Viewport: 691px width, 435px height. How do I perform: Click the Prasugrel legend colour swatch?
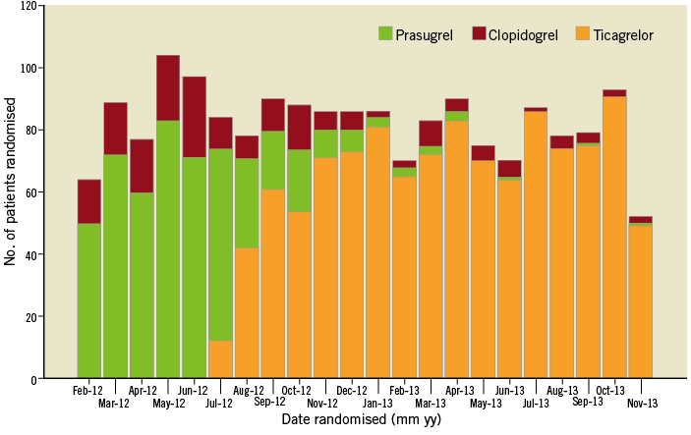384,34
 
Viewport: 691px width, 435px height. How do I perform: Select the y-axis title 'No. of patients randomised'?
11,192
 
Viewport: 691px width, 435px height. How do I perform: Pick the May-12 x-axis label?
168,403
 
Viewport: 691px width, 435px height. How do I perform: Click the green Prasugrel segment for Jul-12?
221,245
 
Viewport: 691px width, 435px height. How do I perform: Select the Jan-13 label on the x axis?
378,403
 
